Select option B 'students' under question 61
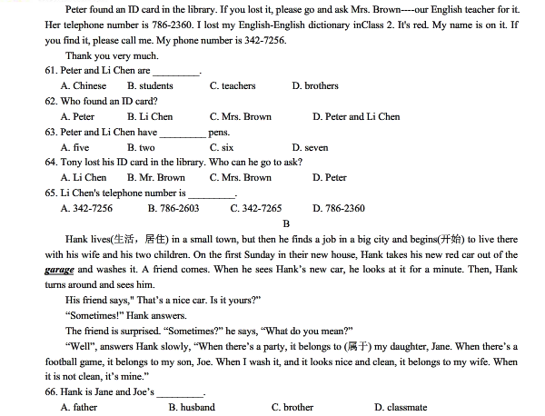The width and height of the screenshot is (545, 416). click(150, 86)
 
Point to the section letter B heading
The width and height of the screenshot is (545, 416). click(286, 223)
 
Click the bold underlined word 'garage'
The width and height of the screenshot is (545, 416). click(58, 270)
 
